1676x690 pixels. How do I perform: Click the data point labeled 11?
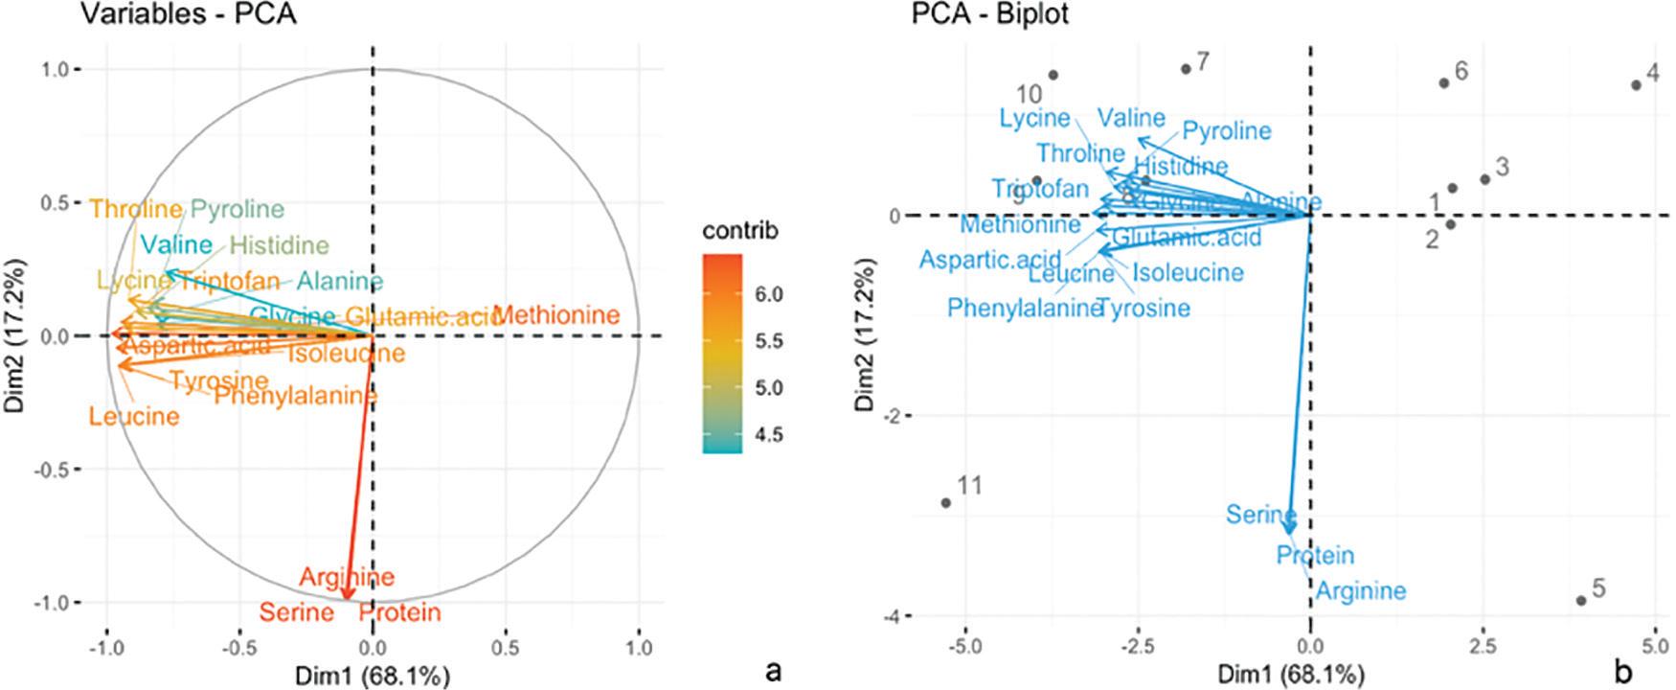(946, 502)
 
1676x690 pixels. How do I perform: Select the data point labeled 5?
(1581, 601)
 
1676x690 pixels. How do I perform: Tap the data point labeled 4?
(1636, 85)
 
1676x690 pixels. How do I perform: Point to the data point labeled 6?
(1443, 83)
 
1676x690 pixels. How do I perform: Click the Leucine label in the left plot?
(134, 417)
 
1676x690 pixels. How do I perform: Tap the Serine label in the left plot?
(297, 612)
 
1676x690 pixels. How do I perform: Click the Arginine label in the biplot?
(1360, 590)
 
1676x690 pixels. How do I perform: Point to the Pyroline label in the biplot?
(1226, 130)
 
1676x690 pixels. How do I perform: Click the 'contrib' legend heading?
(740, 231)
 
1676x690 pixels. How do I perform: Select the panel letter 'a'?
(773, 672)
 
